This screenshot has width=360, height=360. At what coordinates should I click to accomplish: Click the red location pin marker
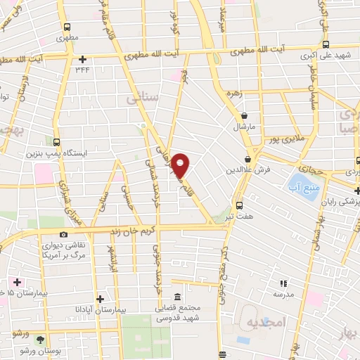pos(181,166)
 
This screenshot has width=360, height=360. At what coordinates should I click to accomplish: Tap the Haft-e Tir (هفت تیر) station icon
pos(239,205)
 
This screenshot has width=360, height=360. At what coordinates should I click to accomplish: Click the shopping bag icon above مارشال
pos(244,116)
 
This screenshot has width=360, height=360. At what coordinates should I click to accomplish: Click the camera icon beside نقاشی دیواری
pos(64,234)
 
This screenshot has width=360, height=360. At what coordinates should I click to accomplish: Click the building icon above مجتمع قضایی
pos(176,296)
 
